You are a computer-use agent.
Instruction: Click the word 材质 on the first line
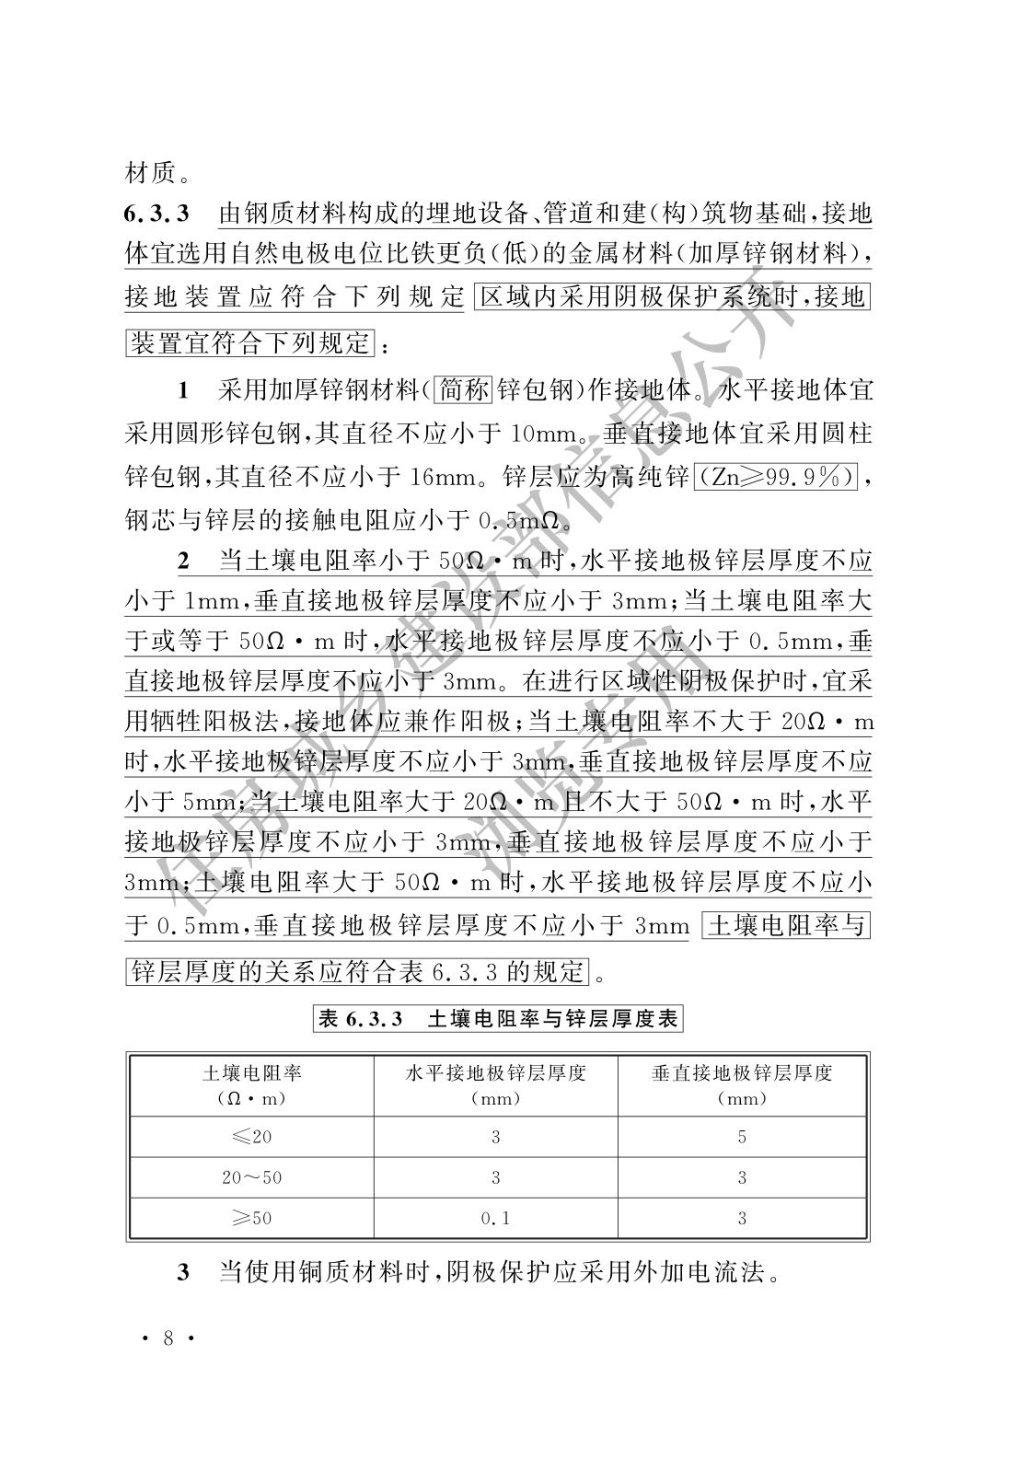(147, 172)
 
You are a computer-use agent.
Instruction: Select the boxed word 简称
(464, 390)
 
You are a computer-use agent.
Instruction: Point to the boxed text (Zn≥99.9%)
(776, 478)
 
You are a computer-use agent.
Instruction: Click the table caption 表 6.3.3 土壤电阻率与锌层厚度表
(498, 1019)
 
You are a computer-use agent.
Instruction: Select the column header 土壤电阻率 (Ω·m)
(251, 1084)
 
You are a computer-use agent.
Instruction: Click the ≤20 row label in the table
(251, 1137)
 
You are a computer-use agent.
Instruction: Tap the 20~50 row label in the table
(251, 1177)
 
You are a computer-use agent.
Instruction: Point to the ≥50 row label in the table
(251, 1218)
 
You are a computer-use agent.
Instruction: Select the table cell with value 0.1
(495, 1218)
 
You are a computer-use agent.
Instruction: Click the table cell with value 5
(741, 1137)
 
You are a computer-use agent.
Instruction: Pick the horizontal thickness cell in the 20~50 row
(495, 1177)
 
